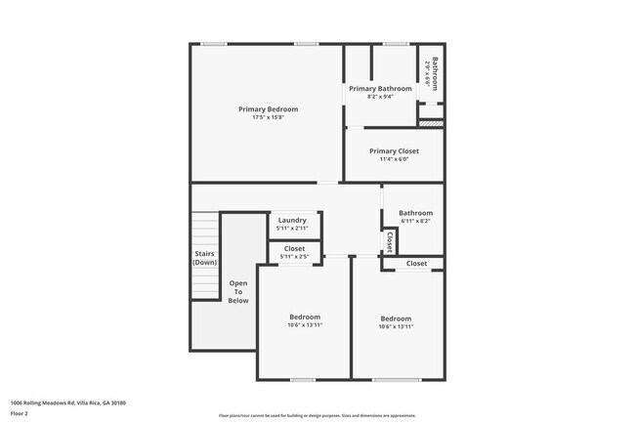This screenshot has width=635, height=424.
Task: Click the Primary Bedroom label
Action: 268,108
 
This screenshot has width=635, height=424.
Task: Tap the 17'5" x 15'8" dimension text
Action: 268,117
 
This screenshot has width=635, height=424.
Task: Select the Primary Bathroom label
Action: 380,89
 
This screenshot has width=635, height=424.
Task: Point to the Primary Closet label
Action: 395,150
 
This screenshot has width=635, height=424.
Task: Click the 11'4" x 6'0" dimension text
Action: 395,159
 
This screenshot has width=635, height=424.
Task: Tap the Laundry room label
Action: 292,220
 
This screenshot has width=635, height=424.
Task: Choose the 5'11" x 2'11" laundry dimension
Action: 292,229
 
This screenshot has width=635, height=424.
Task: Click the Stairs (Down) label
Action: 205,258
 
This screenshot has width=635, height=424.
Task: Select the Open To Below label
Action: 238,291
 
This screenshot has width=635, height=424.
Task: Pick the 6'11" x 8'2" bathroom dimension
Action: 414,221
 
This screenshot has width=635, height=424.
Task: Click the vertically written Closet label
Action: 390,241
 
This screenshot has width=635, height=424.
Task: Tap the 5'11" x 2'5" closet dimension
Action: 294,257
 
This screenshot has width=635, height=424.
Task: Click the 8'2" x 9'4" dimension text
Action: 380,97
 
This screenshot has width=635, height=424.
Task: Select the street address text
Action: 68,403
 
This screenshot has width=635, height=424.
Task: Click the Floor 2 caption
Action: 21,413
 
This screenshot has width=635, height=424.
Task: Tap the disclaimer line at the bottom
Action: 317,416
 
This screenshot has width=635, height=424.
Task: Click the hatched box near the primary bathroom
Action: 431,123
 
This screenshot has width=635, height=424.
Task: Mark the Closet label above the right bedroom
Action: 416,264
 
